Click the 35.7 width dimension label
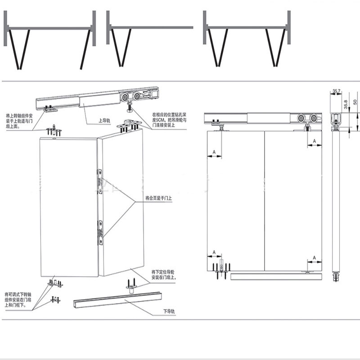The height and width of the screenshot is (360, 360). [336, 91]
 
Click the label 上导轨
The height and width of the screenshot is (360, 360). [105, 121]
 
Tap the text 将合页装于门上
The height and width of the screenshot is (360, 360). [158, 198]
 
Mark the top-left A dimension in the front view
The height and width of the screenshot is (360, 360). [215, 153]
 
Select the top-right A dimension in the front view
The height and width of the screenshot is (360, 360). [315, 141]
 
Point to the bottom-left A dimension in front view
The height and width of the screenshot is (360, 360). [214, 252]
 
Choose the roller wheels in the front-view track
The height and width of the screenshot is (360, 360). [305, 119]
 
